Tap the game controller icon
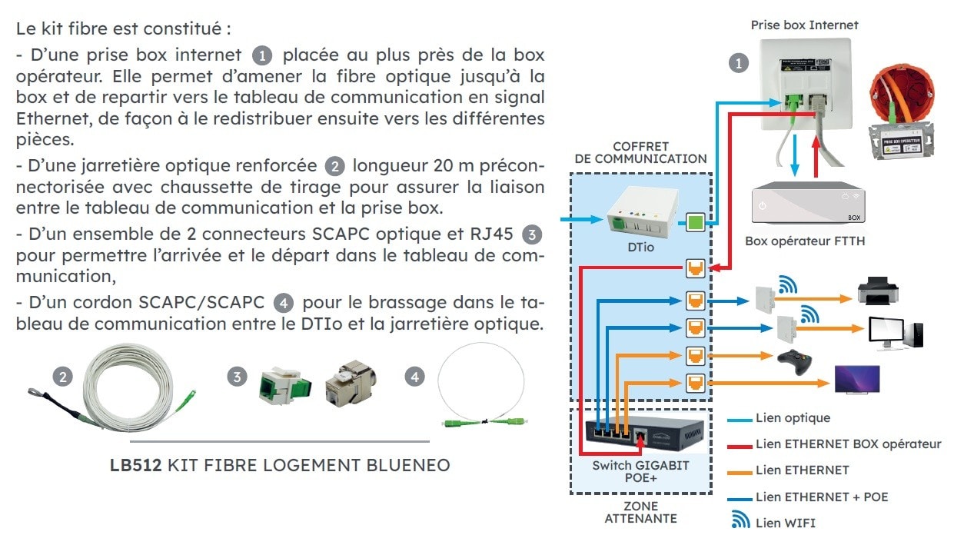pyautogui.click(x=795, y=361)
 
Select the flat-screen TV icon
pyautogui.click(x=857, y=380)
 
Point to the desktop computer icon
pyautogui.click(x=896, y=332)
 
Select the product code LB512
pyautogui.click(x=136, y=465)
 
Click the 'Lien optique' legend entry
pyautogui.click(x=793, y=418)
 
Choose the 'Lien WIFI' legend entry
pyautogui.click(x=785, y=523)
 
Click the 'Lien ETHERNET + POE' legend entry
pyautogui.click(x=821, y=497)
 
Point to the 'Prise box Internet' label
pyautogui.click(x=804, y=25)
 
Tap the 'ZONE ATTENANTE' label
pyautogui.click(x=640, y=512)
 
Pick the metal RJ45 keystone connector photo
pyautogui.click(x=349, y=381)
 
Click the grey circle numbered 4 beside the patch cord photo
pyautogui.click(x=415, y=377)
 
